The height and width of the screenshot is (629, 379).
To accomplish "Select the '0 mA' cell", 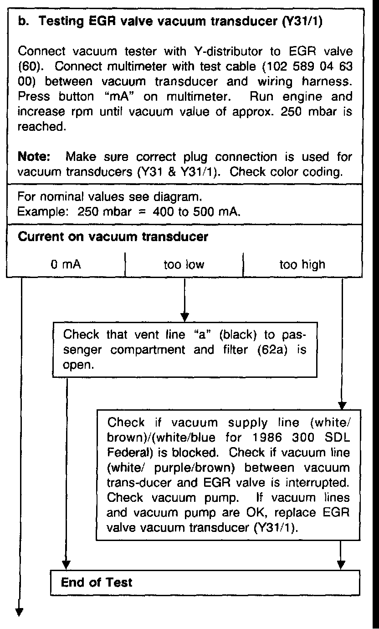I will click(66, 264).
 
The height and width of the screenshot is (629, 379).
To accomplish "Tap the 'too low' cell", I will click(184, 264).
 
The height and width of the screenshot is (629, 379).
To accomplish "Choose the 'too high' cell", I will click(302, 264).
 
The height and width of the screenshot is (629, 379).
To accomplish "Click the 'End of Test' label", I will click(97, 583).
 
